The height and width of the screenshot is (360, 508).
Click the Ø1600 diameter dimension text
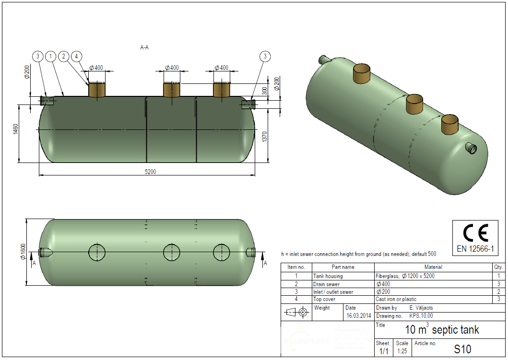[22, 252]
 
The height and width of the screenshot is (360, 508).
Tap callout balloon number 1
[51, 57]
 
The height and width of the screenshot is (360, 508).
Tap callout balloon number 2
[63, 57]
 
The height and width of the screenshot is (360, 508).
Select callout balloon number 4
[76, 57]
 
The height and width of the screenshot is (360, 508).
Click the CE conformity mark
[475, 232]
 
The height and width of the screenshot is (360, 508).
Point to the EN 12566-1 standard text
[475, 249]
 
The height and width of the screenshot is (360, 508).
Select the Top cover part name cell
[325, 299]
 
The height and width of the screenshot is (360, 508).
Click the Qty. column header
[498, 267]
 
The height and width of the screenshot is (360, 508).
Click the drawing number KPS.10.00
[421, 316]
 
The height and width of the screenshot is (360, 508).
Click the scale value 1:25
[402, 351]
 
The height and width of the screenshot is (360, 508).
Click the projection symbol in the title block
[296, 313]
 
